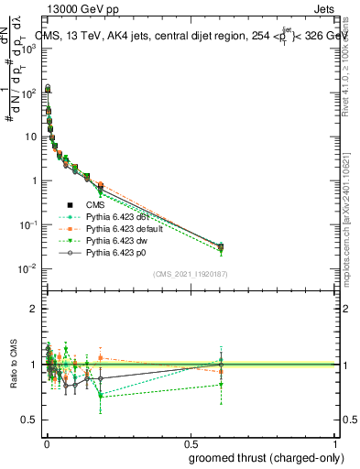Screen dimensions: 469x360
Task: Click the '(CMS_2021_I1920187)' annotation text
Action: [x=191, y=273]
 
